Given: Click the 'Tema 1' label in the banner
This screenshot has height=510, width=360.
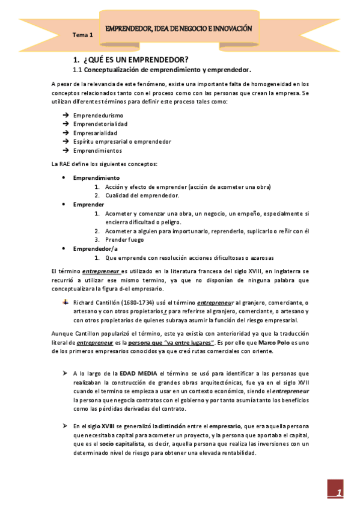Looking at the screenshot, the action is pos(82,35).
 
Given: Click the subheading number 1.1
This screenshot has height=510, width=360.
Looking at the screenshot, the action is pos(78,70).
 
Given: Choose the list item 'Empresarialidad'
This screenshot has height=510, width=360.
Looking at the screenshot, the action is pos(95,132).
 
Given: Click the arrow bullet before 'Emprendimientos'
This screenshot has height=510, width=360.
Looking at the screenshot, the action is pos(65,150).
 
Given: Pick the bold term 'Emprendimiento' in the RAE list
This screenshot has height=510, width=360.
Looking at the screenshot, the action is pos(96,178).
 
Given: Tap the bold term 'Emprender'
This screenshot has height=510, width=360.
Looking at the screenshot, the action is pos(88,204).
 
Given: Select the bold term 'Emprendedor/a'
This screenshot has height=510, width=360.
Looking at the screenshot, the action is pos(95,248).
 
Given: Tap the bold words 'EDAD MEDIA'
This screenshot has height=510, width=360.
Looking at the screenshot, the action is pos(139,373).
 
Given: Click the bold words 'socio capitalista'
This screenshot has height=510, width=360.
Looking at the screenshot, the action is pos(124,444).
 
